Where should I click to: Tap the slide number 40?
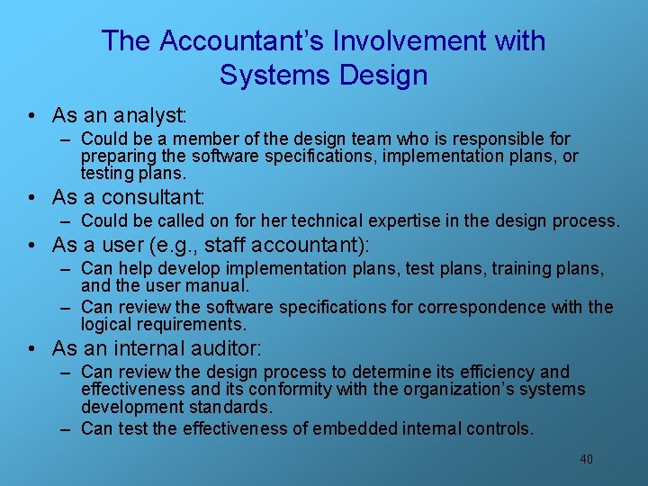click(586, 459)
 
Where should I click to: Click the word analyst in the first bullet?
click(148, 115)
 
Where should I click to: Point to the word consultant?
click(155, 196)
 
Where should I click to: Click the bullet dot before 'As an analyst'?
click(31, 116)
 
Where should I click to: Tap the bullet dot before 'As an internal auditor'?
click(31, 349)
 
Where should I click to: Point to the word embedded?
click(355, 428)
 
